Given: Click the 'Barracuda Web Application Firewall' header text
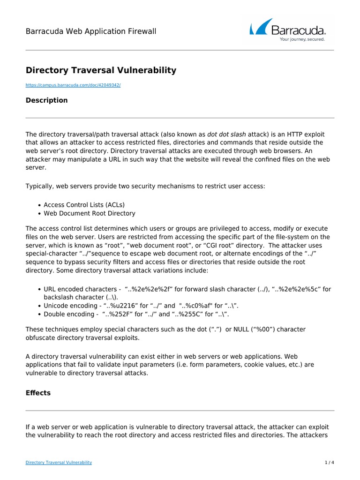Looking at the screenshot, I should (x=90, y=31).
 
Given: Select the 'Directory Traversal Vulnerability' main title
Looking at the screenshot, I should (x=101, y=70).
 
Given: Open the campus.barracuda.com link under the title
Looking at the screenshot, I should (x=73, y=85).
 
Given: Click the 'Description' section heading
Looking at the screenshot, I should (x=46, y=100).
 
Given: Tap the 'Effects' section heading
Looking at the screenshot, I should (x=38, y=393).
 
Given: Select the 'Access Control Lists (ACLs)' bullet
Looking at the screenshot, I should (x=84, y=205).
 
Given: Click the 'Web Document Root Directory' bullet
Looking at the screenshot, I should (x=90, y=213).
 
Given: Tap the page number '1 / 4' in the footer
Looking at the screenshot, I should (x=330, y=463).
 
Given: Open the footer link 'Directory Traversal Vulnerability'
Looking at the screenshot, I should (x=59, y=463).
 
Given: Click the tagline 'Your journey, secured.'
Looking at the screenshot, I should (x=302, y=40).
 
